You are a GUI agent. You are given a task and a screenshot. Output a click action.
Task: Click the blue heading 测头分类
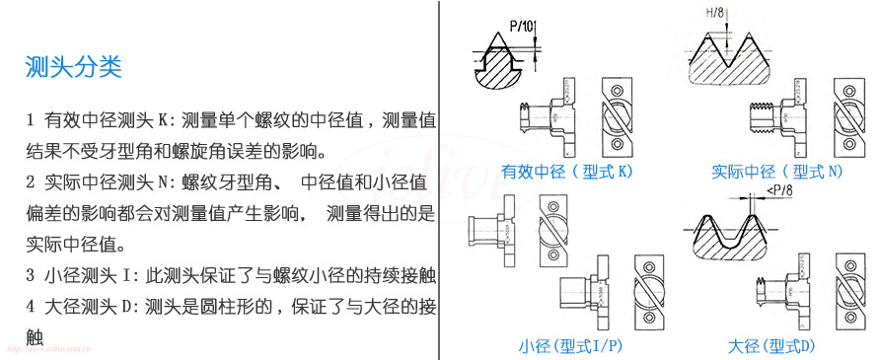point(73,67)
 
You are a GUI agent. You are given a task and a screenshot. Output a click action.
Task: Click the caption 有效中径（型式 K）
point(566,171)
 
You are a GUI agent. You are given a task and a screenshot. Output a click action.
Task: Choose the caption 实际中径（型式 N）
point(777,171)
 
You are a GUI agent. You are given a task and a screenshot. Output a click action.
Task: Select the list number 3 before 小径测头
point(31,276)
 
